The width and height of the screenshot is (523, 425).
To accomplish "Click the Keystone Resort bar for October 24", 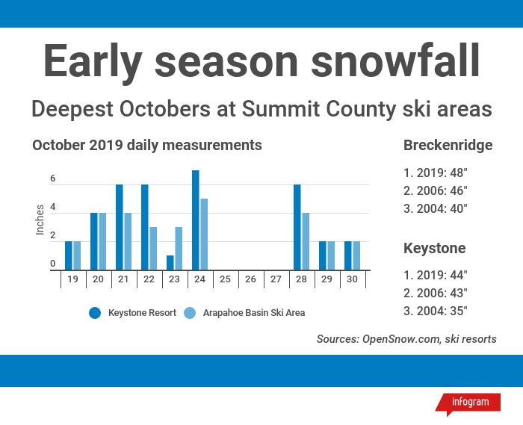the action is (x=196, y=220).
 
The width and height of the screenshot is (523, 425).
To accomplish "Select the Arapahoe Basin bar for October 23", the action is (x=179, y=248).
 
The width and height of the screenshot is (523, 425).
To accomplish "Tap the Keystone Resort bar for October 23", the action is (x=170, y=263).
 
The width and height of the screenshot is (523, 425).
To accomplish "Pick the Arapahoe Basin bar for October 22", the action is (x=153, y=248).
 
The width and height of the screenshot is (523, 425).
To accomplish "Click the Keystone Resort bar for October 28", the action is (x=297, y=227).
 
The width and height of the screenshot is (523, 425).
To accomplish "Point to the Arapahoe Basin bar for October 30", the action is (x=356, y=255).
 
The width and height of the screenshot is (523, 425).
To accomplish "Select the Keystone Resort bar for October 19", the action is (x=69, y=255).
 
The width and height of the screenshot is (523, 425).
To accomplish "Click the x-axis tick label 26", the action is (x=250, y=279).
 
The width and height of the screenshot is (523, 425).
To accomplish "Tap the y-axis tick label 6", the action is (x=53, y=179).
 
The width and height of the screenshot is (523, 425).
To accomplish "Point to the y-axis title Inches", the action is (x=40, y=220).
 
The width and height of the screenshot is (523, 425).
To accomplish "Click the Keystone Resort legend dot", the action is (x=95, y=313).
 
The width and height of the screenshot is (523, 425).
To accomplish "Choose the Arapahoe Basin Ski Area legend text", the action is (x=254, y=313).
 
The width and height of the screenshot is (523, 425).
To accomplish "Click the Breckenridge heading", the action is (x=448, y=146).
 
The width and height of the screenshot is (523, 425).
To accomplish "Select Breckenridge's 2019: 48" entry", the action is (x=436, y=173).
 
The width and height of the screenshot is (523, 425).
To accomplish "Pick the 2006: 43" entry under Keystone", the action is (x=436, y=293).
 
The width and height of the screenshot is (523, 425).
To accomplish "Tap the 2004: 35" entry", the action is (x=436, y=311).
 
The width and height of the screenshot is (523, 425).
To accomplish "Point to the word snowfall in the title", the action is (x=395, y=61).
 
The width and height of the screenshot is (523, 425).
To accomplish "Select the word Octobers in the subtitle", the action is (x=165, y=109).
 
